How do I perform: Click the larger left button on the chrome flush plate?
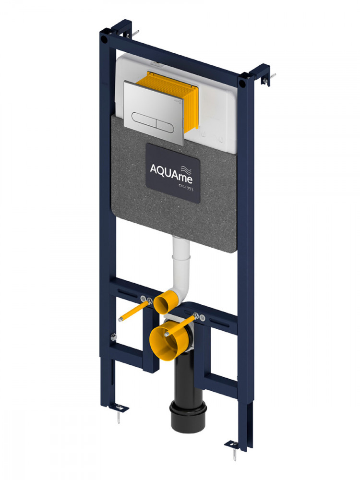pos(144,119)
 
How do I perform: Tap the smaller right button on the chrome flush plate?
pos(166,125)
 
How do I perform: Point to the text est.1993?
pos(186,187)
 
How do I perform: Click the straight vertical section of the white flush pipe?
pos(181,260)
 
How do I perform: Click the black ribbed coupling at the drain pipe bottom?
pos(188,416)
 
